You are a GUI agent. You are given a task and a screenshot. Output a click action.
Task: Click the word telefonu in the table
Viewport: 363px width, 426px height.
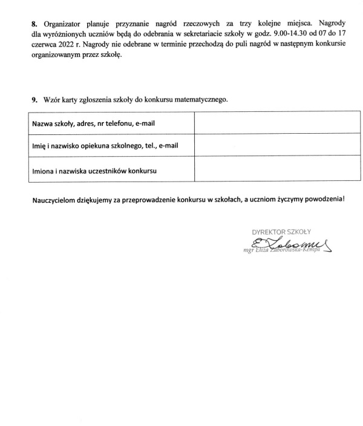(x=116, y=123)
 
